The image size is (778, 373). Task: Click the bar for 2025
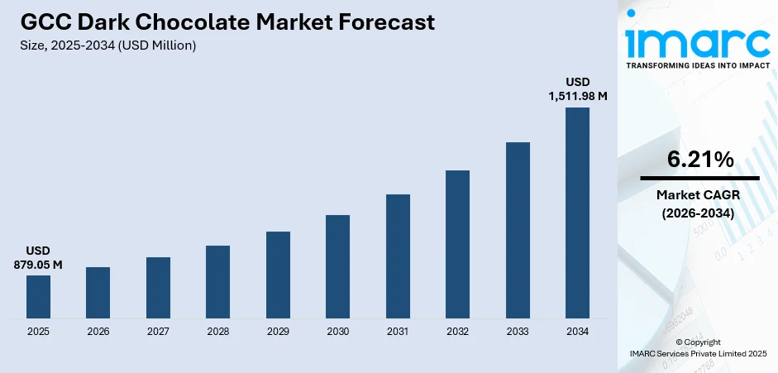coord(38,297)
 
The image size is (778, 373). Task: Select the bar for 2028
coord(217,282)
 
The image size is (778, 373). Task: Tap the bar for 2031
coord(398,256)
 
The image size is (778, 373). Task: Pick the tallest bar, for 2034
coord(577,213)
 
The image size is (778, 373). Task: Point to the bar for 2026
coord(98,293)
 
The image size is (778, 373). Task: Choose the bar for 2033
coord(518,230)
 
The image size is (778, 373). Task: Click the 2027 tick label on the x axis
coord(158,332)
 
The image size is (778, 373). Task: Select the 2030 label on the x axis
coord(337,332)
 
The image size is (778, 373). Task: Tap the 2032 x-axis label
coord(457,332)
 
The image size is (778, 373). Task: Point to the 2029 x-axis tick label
coord(278,332)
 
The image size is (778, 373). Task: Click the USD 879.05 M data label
coord(38,257)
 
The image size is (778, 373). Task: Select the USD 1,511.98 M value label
coord(577,89)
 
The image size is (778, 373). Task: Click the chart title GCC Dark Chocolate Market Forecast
coord(227,22)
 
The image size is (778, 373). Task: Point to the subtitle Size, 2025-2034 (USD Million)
coord(107,45)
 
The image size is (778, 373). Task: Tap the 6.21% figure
coord(699,160)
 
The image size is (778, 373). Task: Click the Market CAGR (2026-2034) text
coord(699,203)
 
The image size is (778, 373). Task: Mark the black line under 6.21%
coord(699,178)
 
